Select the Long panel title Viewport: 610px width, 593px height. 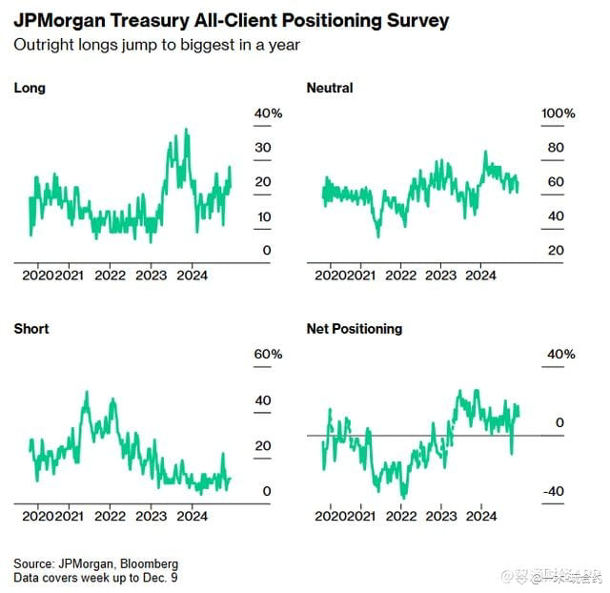pyautogui.click(x=30, y=89)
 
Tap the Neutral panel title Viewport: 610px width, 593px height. pyautogui.click(x=330, y=89)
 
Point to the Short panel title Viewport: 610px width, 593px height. pyautogui.click(x=31, y=329)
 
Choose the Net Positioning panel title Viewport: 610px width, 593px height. pyautogui.click(x=355, y=329)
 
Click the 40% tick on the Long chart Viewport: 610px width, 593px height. pyautogui.click(x=268, y=114)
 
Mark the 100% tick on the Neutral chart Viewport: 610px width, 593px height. pyautogui.click(x=558, y=114)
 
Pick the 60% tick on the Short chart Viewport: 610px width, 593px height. pyautogui.click(x=268, y=355)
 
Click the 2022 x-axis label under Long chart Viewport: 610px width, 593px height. pyautogui.click(x=111, y=276)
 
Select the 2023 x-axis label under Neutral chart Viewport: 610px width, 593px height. pyautogui.click(x=440, y=276)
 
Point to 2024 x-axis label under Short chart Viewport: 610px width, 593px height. pyautogui.click(x=193, y=516)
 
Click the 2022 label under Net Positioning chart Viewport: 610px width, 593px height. pyautogui.click(x=399, y=516)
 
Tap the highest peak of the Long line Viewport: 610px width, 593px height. pyautogui.click(x=186, y=130)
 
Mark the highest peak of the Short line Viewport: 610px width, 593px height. pyautogui.click(x=87, y=392)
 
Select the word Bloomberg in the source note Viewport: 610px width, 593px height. pyautogui.click(x=151, y=563)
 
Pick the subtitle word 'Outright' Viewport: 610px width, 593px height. pyautogui.click(x=41, y=45)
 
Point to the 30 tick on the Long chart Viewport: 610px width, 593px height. pyautogui.click(x=263, y=149)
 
